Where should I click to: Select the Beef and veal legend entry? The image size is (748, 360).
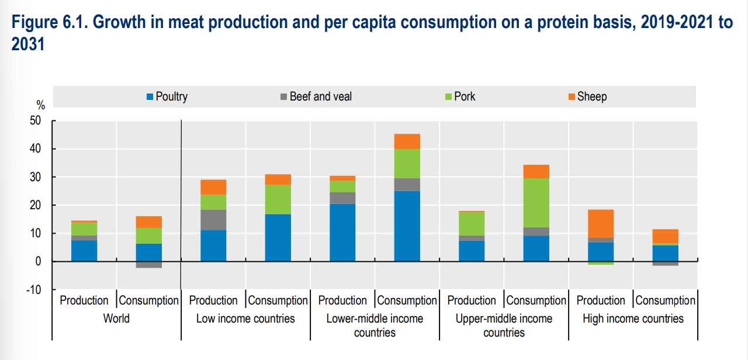point(316,96)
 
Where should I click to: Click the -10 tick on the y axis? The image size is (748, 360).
point(34,289)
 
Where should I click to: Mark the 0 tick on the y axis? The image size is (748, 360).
point(38,261)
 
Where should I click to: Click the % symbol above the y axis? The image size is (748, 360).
point(40,106)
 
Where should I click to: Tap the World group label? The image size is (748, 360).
point(116,319)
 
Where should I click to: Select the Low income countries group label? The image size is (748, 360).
point(245,319)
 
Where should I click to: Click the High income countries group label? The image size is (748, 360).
point(633,319)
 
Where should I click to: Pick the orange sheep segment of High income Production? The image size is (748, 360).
point(601,224)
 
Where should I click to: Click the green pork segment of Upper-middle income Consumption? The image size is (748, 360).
point(536,203)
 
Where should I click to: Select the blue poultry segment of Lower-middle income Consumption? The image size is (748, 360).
point(407,226)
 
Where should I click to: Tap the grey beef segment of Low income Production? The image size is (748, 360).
point(213,220)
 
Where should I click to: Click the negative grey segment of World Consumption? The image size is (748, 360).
point(149,264)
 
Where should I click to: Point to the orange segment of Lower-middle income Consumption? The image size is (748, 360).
point(407,141)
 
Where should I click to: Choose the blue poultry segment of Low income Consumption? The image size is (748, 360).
point(278,238)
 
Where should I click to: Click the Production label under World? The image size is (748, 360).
point(84,300)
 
